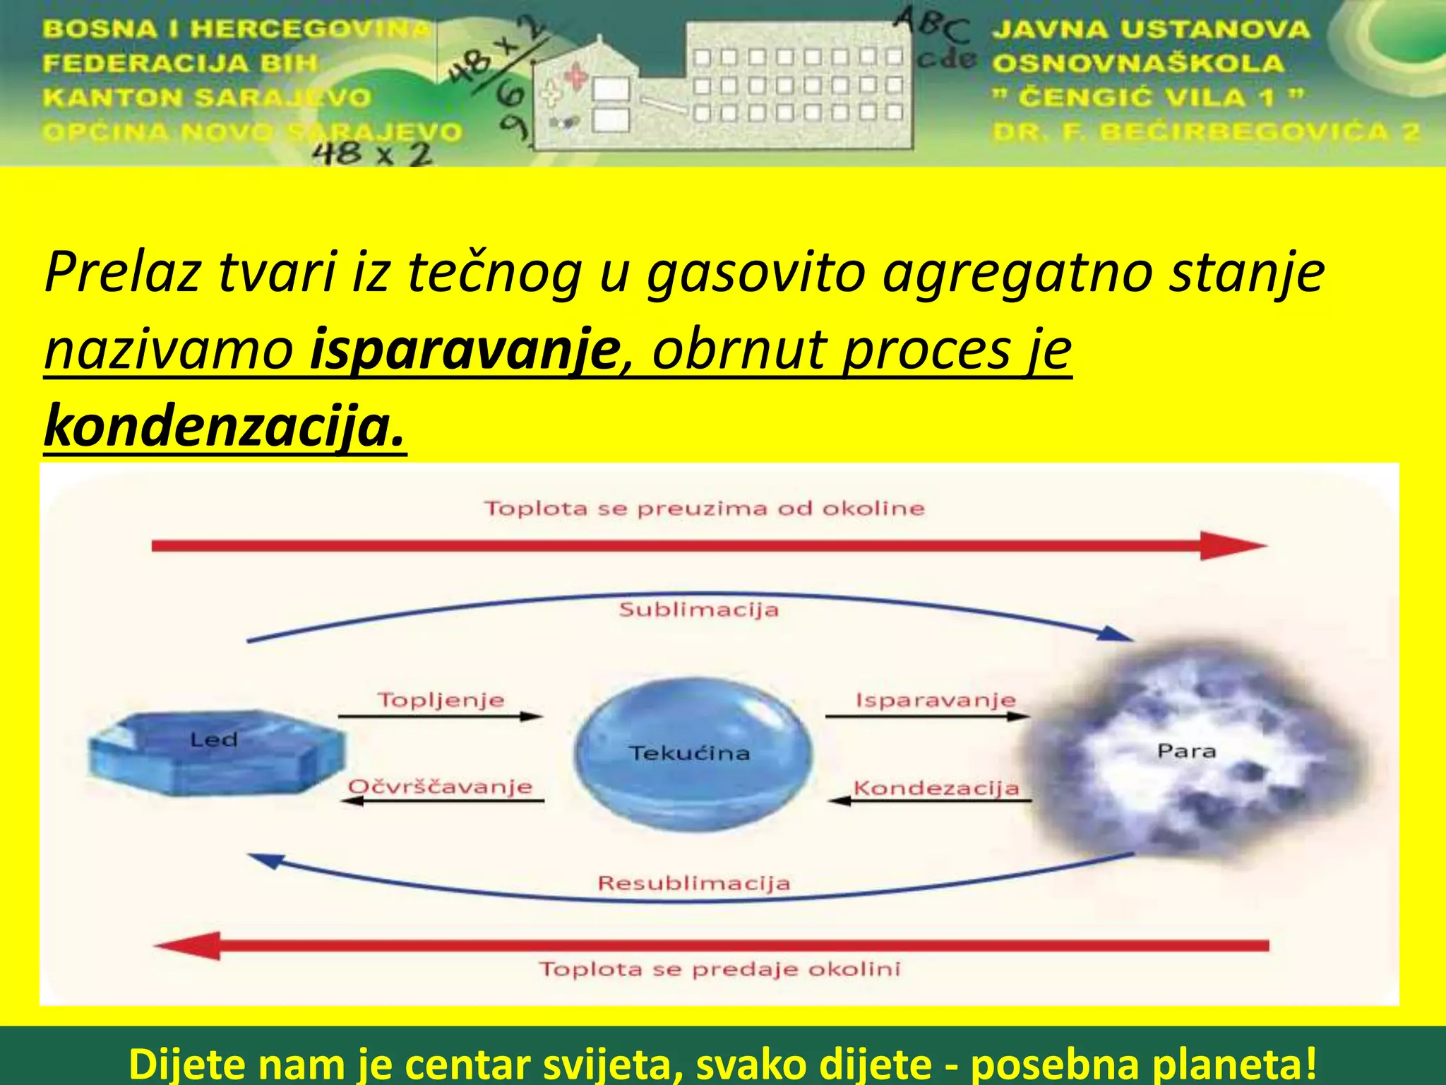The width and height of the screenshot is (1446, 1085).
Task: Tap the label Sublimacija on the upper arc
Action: pos(698,610)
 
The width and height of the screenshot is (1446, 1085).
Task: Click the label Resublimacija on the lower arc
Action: pos(694,883)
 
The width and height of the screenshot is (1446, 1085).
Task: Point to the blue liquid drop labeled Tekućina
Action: pos(692,753)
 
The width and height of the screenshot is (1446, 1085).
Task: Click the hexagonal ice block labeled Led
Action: pos(215,753)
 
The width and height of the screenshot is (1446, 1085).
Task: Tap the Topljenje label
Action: pos(441,700)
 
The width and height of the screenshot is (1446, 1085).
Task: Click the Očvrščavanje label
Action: pos(441,787)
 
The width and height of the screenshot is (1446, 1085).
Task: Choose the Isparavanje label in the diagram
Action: pos(936,700)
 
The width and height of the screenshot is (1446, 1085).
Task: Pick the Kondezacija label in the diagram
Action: pos(936,788)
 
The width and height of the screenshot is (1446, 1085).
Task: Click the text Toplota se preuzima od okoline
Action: pos(704,509)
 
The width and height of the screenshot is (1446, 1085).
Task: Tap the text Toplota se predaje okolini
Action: pos(719,968)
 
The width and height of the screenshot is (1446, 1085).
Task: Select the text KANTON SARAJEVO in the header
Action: pos(206,97)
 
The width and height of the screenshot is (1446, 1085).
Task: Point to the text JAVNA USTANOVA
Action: pos(1150,30)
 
